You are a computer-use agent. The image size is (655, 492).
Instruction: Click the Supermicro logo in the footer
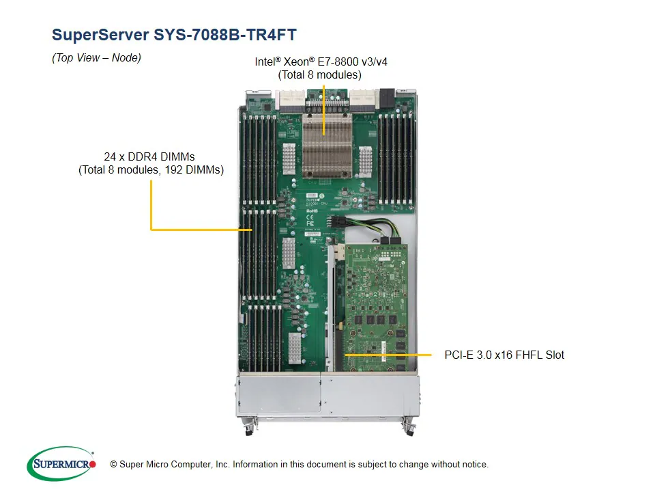[x=61, y=464]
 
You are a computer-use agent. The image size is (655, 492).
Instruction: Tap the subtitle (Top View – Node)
[x=96, y=58]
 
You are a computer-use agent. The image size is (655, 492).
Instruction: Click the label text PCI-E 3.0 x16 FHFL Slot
[x=504, y=355]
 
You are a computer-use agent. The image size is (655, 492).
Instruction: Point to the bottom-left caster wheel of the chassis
[x=247, y=428]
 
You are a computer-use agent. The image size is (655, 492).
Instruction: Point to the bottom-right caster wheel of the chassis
[x=409, y=428]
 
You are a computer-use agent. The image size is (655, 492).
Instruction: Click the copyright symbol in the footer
[x=113, y=465]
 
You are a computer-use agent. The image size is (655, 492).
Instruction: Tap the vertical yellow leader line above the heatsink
[x=323, y=102]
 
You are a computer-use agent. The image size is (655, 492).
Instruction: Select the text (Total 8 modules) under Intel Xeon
[x=319, y=74]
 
